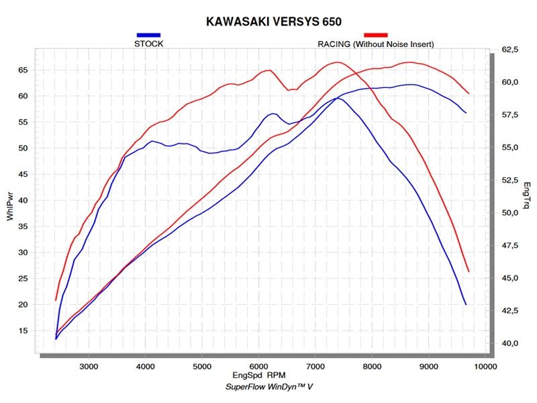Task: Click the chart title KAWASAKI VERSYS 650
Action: pos(268,22)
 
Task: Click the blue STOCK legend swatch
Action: pos(148,34)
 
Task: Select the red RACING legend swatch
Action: pos(376,34)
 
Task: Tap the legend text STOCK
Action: pos(149,44)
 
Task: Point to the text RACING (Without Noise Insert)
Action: pos(376,44)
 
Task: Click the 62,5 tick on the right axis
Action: pos(511,50)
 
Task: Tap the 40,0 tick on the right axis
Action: pos(511,343)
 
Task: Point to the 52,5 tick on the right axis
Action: pos(511,181)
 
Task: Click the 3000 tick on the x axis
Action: pos(89,367)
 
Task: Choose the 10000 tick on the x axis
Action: pos(484,367)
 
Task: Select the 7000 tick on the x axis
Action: pos(315,367)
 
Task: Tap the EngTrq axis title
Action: pos(527,195)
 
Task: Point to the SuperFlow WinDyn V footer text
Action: pos(268,388)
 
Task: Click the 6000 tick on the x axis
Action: pos(259,367)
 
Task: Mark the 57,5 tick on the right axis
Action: pos(511,116)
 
